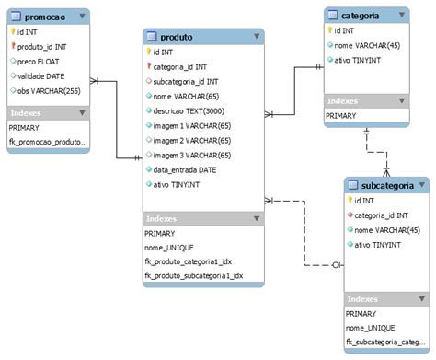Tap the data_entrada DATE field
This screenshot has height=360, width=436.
(x=185, y=170)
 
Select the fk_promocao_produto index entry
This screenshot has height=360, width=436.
(x=49, y=142)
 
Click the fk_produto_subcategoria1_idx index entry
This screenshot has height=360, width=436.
(x=194, y=276)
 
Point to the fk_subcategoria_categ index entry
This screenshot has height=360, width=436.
(x=387, y=343)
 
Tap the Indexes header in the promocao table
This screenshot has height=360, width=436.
(x=29, y=113)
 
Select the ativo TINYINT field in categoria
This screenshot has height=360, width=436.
(x=359, y=61)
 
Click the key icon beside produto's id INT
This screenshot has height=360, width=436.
(x=148, y=52)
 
